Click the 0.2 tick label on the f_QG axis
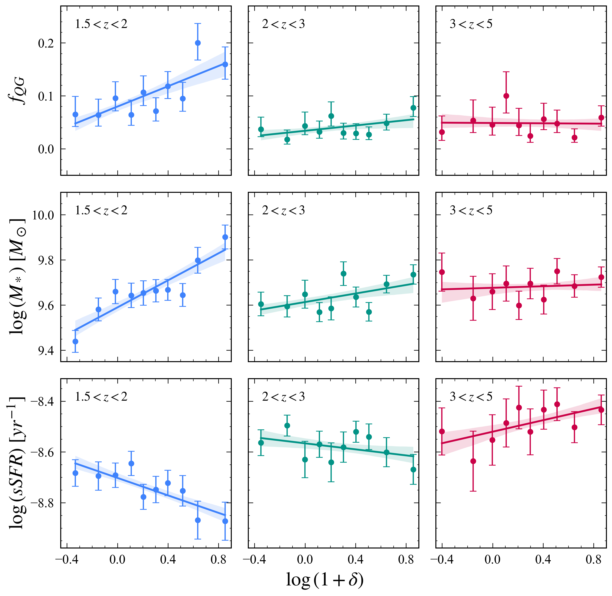(47, 43)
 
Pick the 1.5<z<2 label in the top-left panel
(101, 24)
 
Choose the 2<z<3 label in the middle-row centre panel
(283, 210)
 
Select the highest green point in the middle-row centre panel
(343, 274)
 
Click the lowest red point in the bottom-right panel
(473, 461)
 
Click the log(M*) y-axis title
(17, 277)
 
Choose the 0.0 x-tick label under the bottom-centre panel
(305, 560)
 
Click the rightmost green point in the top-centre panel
(413, 108)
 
